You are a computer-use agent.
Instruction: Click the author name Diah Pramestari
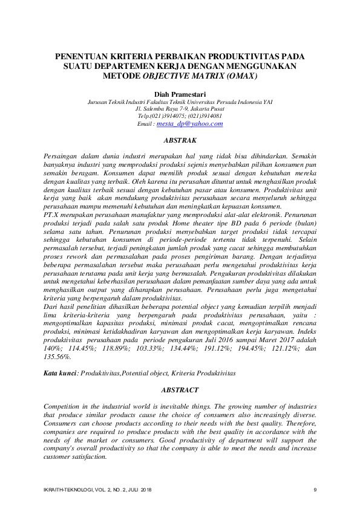(x=180, y=95)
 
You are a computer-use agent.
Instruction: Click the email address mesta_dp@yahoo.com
(x=189, y=123)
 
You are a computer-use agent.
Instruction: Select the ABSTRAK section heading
(x=180, y=140)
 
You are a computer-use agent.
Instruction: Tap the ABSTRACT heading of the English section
(x=180, y=391)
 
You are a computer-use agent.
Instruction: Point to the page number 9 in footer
(x=315, y=489)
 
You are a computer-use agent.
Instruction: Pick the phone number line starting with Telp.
(x=180, y=116)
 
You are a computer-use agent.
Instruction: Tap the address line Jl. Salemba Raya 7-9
(x=180, y=109)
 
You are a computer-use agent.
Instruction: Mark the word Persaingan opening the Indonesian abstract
(x=64, y=156)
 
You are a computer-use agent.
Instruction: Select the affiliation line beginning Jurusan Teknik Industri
(x=180, y=102)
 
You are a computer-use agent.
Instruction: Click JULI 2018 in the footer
(x=139, y=489)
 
